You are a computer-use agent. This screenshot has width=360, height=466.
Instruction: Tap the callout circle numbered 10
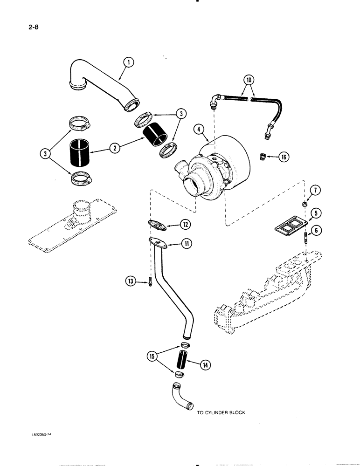click(250, 80)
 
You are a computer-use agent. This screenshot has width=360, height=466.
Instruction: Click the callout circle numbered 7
click(315, 189)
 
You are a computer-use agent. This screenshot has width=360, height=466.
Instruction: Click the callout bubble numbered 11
click(185, 243)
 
